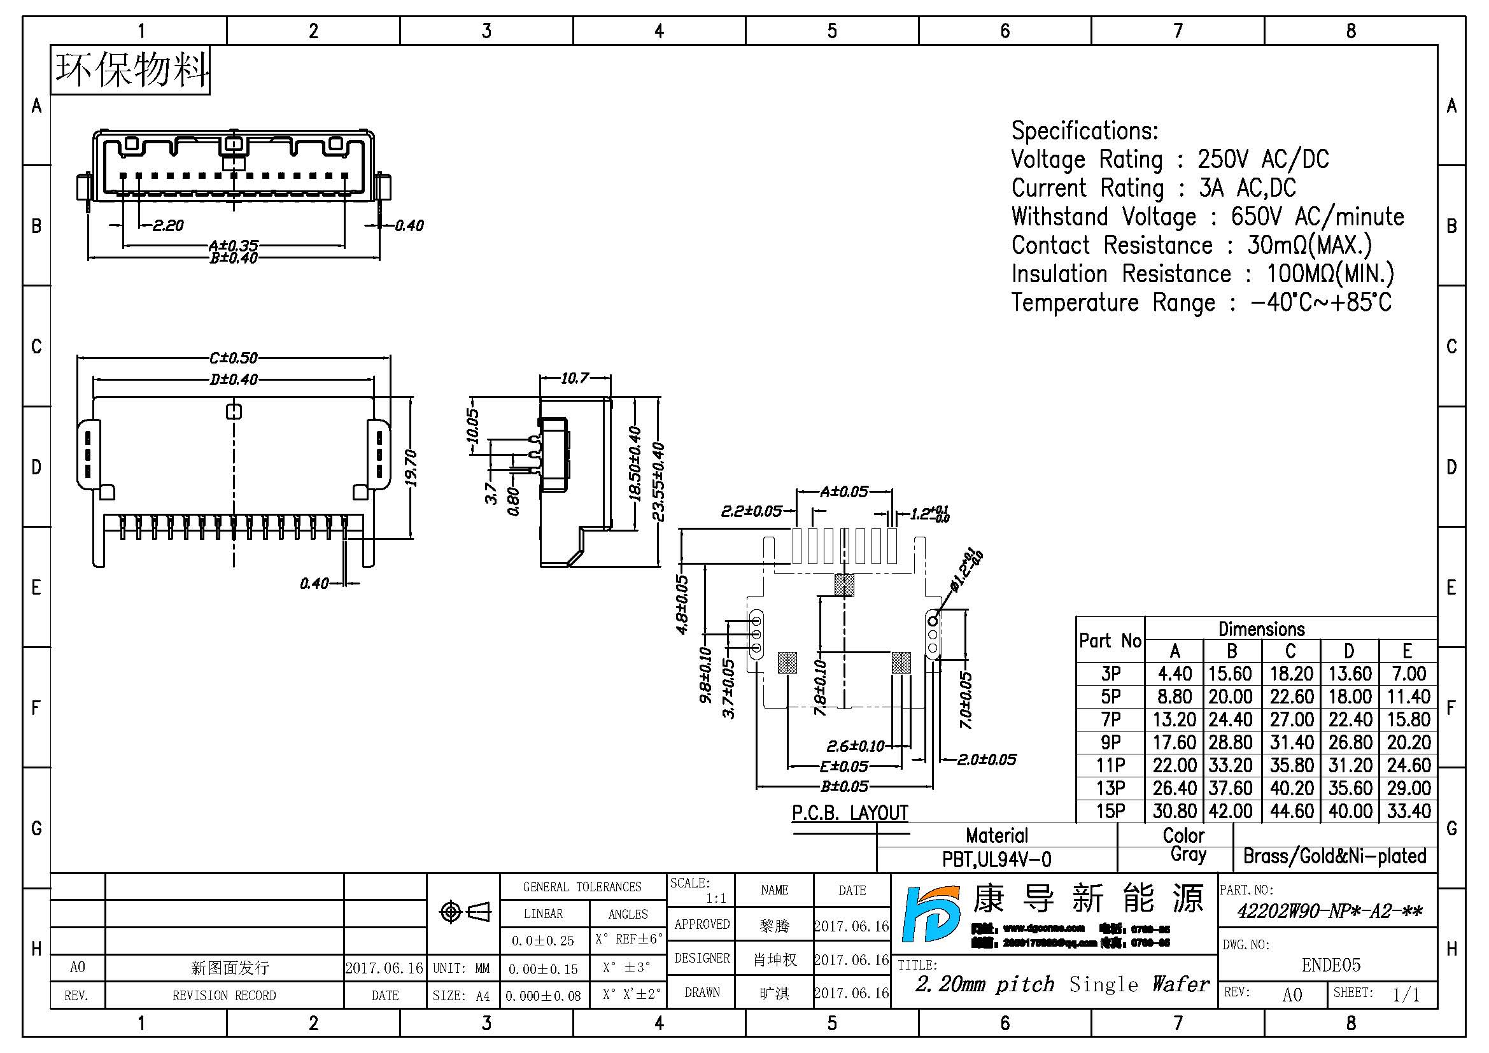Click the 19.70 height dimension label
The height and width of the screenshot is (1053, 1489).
[x=411, y=468]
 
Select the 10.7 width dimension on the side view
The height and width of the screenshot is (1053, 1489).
[x=575, y=378]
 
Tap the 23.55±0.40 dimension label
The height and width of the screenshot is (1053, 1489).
[x=658, y=481]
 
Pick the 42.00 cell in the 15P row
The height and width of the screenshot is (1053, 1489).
[x=1231, y=811]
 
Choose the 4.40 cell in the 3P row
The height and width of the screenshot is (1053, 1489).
[x=1175, y=674]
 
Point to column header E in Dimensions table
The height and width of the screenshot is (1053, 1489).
[x=1407, y=651]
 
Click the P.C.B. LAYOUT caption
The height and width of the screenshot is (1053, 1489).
[x=850, y=813]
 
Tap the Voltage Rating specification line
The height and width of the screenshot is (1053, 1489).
[x=1169, y=160]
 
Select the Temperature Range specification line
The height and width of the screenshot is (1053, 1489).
[x=1201, y=303]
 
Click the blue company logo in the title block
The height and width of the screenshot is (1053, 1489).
[x=931, y=914]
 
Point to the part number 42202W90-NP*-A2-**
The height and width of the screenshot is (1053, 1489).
[x=1329, y=912]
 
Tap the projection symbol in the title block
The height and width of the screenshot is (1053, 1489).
[x=464, y=912]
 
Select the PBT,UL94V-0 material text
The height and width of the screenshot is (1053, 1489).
[x=997, y=859]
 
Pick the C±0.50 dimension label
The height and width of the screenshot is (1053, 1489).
[x=234, y=358]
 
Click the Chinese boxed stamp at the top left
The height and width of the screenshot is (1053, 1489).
[x=131, y=70]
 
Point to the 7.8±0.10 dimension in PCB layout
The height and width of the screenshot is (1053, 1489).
[x=821, y=688]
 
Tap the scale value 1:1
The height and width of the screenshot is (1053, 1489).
[x=716, y=899]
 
